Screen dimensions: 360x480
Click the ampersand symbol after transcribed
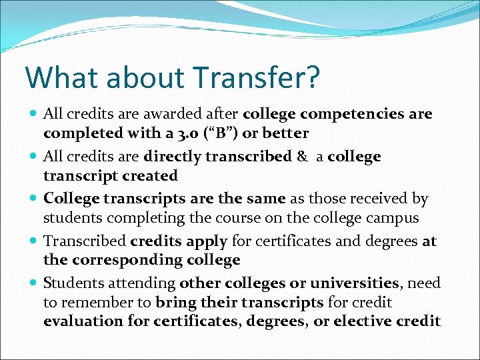click(302, 157)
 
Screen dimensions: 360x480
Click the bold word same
click(267, 199)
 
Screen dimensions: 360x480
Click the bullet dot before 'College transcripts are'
click(34, 199)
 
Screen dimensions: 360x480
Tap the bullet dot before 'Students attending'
click(34, 283)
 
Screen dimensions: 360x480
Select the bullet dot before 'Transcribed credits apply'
click(34, 241)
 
